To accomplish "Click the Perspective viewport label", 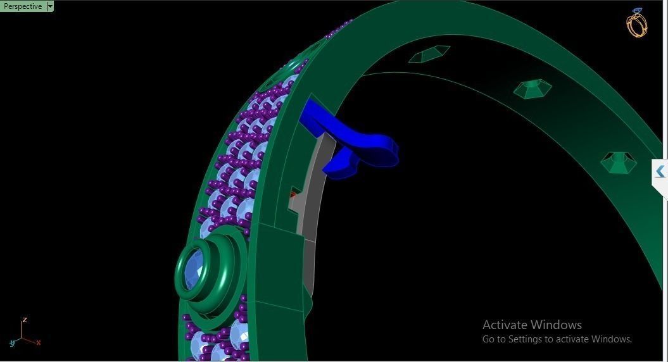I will (x=23, y=6).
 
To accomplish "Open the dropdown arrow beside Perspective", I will (x=50, y=6).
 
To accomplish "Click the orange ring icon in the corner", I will (x=636, y=23).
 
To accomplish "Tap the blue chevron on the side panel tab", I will (x=660, y=172).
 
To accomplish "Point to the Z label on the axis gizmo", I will (x=24, y=320).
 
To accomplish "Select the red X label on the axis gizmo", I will (x=39, y=342).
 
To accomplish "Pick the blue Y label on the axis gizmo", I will (x=12, y=343).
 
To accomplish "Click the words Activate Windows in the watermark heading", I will (x=532, y=325).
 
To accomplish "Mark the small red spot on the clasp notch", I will (x=293, y=195).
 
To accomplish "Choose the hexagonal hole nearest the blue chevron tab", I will (x=617, y=163).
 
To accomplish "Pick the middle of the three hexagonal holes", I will (x=532, y=88).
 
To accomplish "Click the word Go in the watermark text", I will (x=489, y=339).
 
